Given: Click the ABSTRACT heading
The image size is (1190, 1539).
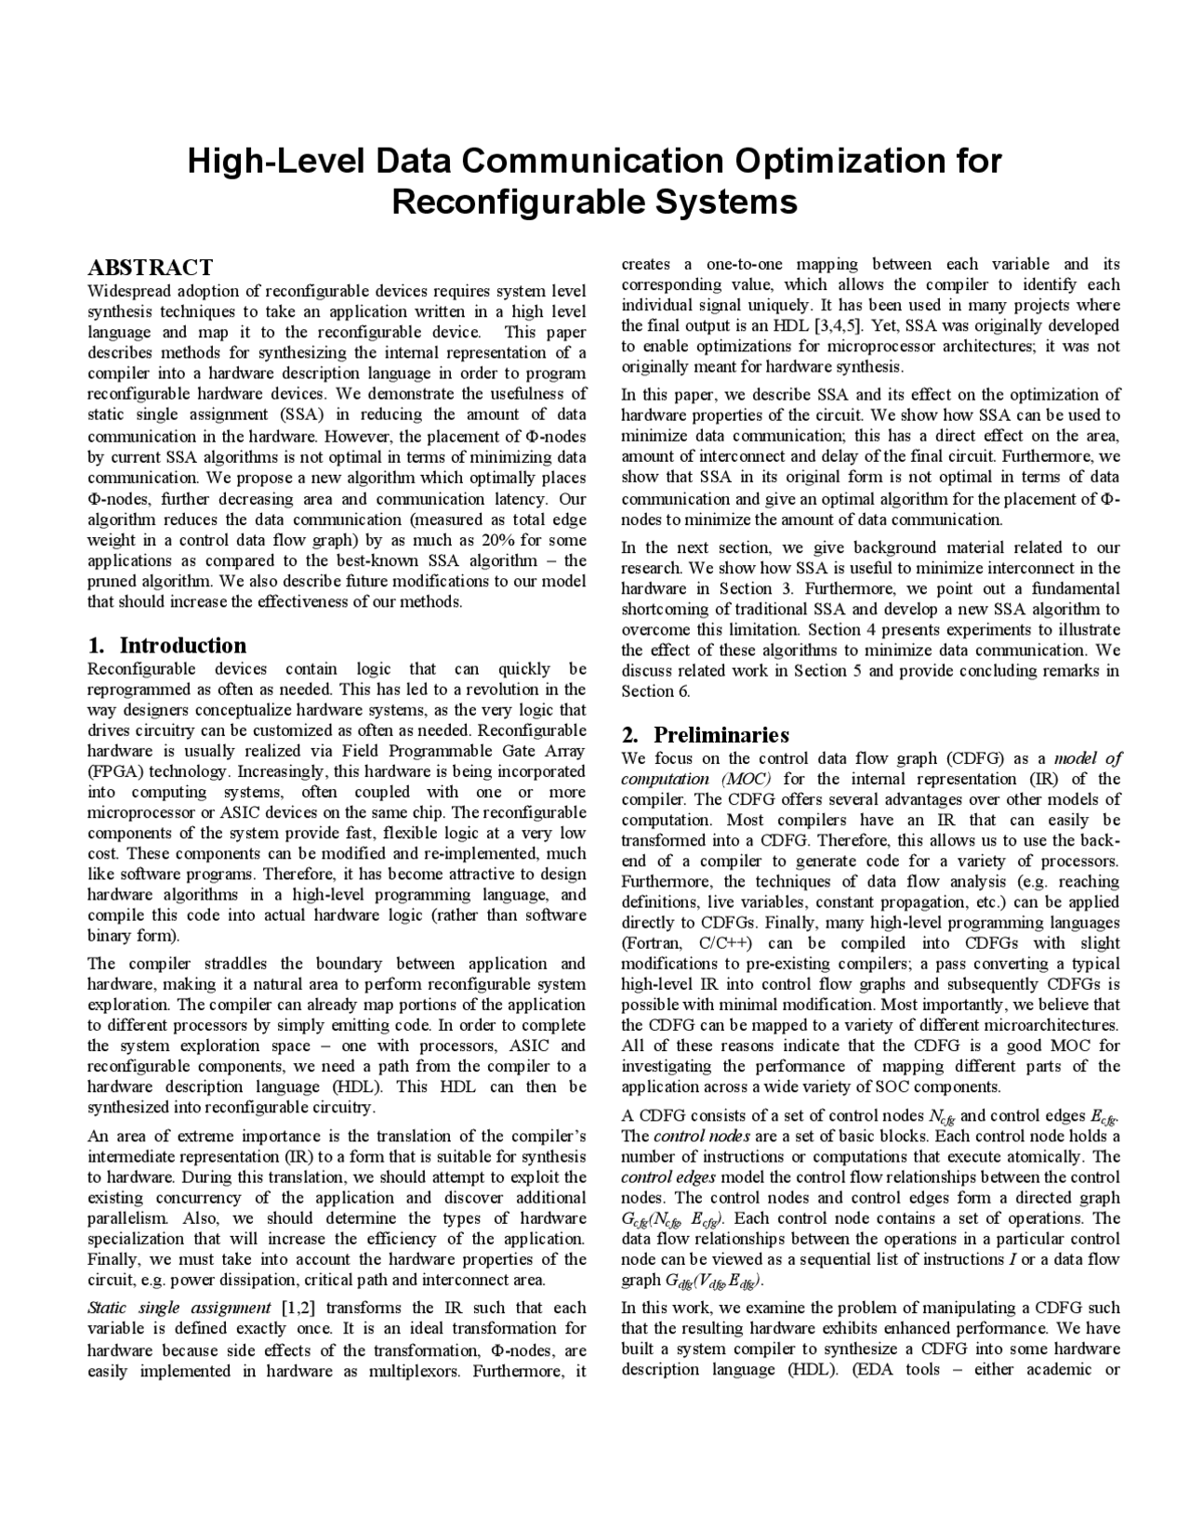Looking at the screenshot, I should (150, 268).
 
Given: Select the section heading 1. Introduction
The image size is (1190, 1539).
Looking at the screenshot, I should (167, 645).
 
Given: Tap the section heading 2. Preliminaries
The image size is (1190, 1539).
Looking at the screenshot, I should (706, 735).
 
